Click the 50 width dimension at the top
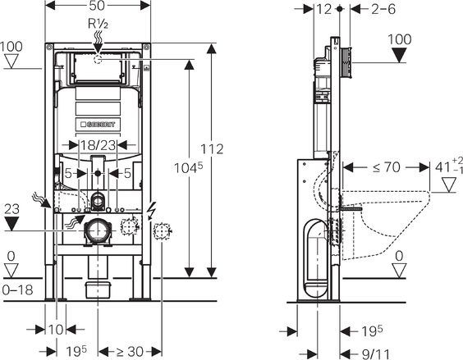97,6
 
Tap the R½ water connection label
98,24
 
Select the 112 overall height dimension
212,149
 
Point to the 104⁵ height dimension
188,167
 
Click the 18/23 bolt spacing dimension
98,145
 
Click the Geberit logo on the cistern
98,125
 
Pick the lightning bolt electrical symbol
152,212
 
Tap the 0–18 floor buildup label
17,290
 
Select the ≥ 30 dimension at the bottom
130,352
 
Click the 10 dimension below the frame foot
56,330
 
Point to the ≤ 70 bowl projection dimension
387,167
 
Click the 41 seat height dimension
448,166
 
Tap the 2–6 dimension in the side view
383,9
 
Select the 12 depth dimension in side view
324,9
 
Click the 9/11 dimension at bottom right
376,354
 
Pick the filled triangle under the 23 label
11,224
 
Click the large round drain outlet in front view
98,230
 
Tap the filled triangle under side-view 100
399,55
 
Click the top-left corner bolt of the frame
48,47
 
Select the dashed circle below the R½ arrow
98,59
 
